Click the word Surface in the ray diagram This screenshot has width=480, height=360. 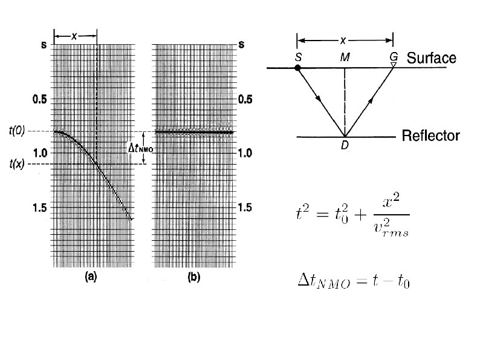point(431,59)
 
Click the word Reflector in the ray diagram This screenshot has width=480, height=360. point(431,136)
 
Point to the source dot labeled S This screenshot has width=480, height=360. point(297,68)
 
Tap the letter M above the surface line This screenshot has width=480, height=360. point(345,57)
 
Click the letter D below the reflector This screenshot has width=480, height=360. point(345,145)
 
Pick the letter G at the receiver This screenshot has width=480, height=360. point(393,57)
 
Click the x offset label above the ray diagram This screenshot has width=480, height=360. point(343,41)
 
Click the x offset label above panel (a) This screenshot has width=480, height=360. point(74,36)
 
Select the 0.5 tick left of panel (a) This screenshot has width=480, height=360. point(38,99)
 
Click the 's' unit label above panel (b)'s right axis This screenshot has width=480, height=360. point(242,45)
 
